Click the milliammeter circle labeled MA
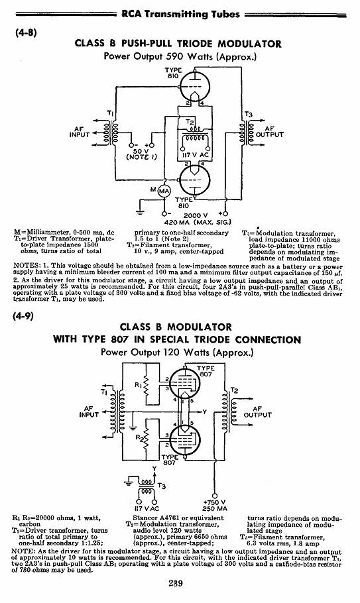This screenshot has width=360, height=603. [x=164, y=192]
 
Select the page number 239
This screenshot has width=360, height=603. [x=176, y=583]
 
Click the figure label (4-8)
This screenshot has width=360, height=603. [x=26, y=32]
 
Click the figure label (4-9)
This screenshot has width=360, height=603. [x=24, y=316]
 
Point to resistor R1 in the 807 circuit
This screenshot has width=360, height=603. [x=146, y=389]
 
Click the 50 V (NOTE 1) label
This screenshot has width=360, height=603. [x=141, y=154]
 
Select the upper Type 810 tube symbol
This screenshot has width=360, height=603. [x=195, y=86]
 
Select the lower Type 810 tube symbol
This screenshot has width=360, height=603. [x=195, y=181]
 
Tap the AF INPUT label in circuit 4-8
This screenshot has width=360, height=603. [x=80, y=132]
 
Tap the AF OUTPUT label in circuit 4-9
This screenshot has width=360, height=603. [x=257, y=412]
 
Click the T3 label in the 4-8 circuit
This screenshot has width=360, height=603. [x=249, y=115]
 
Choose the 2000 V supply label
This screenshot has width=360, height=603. [x=196, y=215]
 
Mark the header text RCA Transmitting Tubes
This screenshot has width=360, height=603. [x=180, y=14]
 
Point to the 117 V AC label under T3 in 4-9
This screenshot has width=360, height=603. [x=147, y=508]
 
